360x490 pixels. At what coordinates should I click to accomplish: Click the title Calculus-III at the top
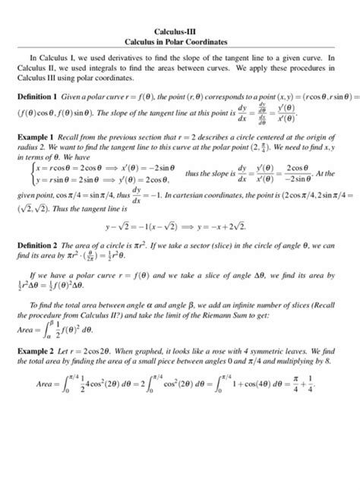coord(180,31)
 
